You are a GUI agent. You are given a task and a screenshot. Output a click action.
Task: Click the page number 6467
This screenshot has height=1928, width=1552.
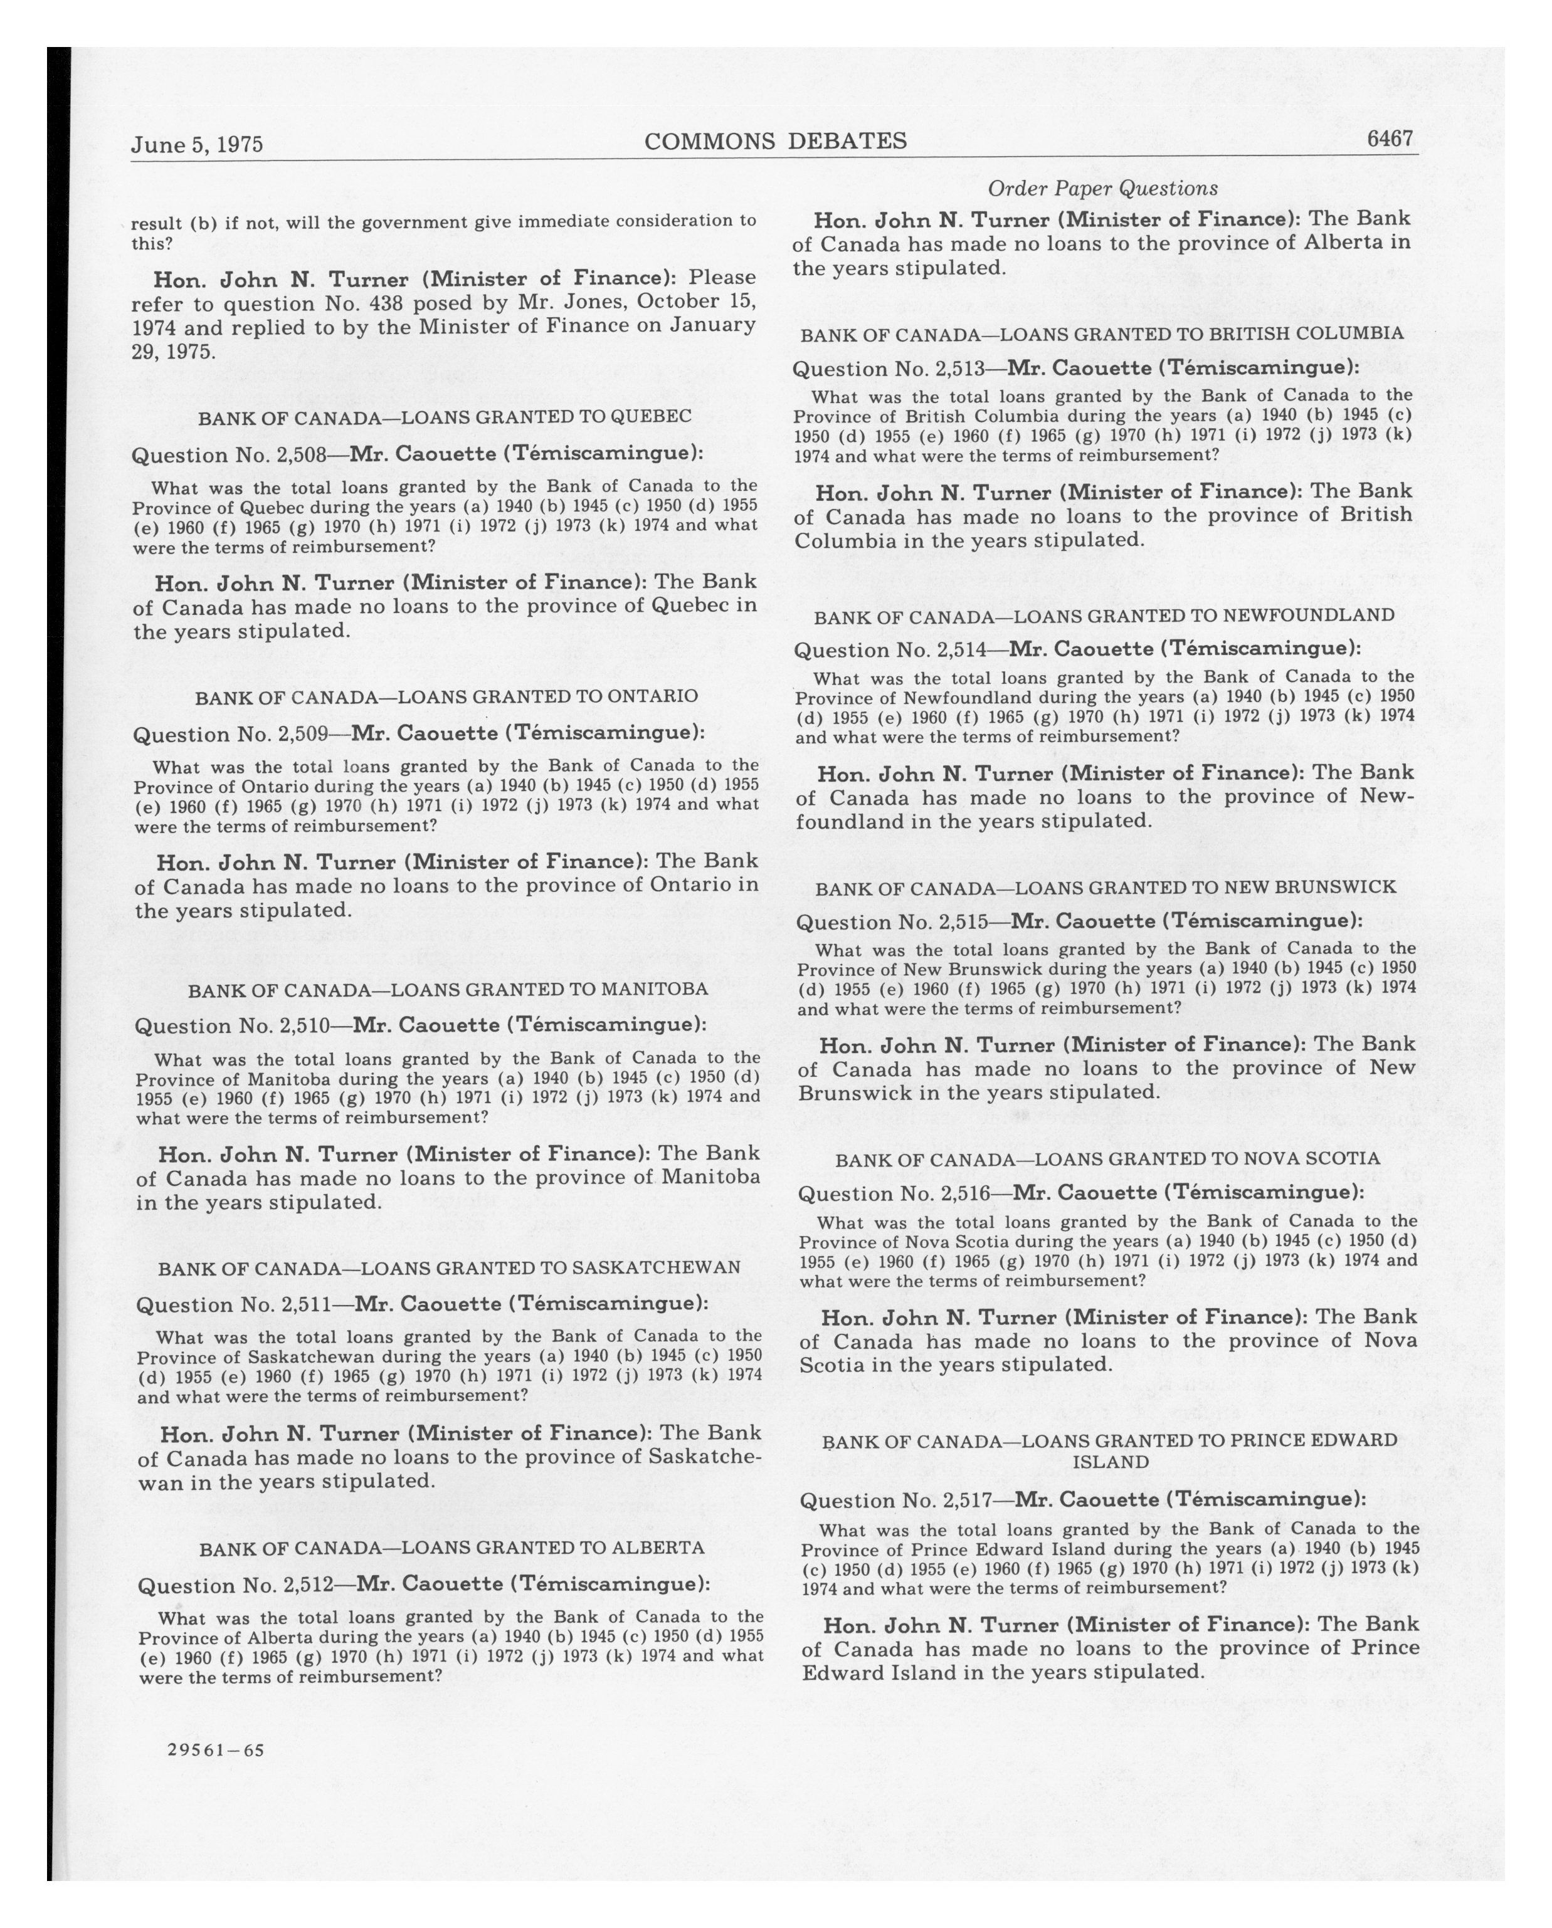tap(1388, 139)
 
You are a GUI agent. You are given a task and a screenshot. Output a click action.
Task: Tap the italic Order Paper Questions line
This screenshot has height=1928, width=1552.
tap(1102, 189)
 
